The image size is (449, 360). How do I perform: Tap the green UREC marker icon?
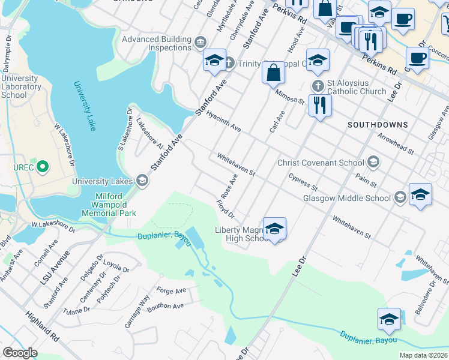click(x=42, y=166)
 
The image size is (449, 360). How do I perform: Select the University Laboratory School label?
click(x=22, y=86)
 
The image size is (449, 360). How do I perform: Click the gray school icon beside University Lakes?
click(x=142, y=181)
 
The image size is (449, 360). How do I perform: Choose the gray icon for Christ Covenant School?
click(x=373, y=162)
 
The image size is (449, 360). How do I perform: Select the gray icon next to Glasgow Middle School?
click(x=400, y=197)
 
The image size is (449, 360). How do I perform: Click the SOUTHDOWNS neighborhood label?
click(x=377, y=125)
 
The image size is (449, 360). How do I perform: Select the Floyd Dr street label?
click(x=225, y=209)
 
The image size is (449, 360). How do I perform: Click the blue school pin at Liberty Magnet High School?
click(x=274, y=228)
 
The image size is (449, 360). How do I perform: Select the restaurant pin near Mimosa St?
click(x=320, y=106)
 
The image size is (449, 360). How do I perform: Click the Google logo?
click(x=20, y=353)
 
